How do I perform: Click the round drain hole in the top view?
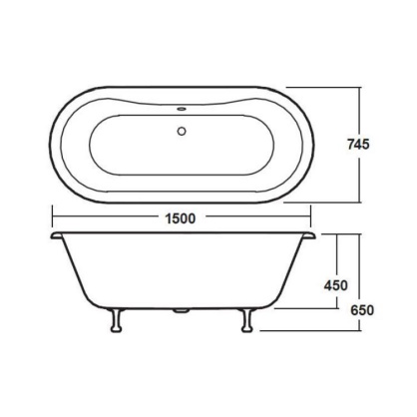click(x=183, y=128)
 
